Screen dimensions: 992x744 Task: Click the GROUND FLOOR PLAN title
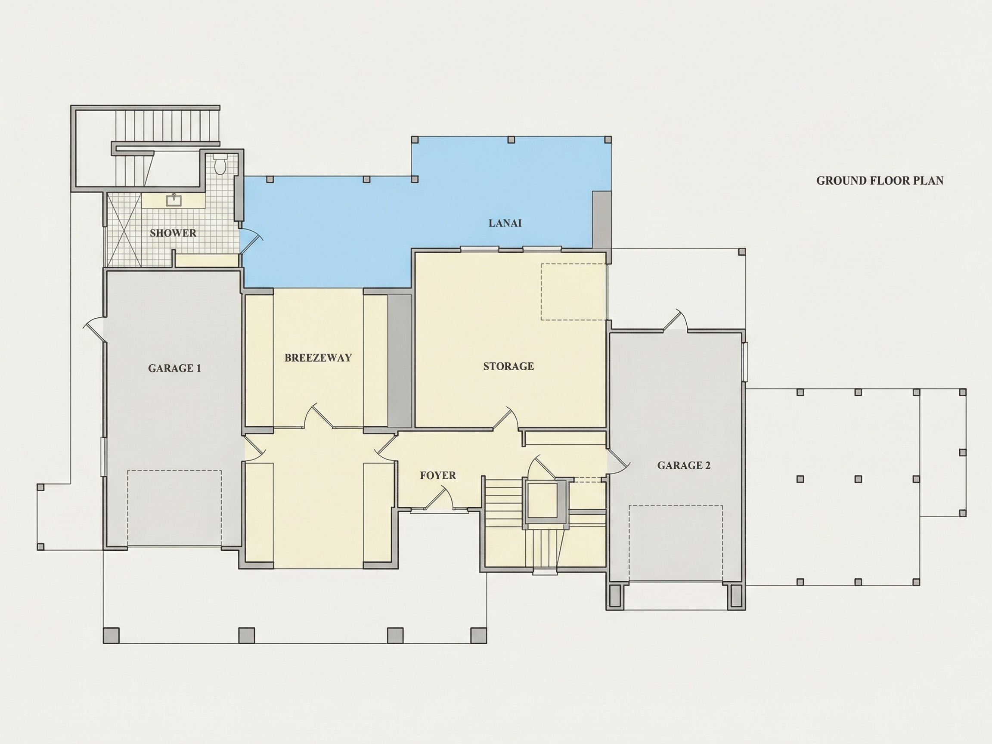pos(880,181)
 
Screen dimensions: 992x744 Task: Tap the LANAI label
pos(505,223)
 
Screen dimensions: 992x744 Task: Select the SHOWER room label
pos(173,233)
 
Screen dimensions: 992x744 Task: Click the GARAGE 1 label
pos(174,368)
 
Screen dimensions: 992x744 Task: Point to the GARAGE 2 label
pos(684,465)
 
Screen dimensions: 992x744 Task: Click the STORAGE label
pos(508,366)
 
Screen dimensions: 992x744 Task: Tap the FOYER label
pos(438,475)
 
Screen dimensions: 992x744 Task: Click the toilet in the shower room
pos(220,164)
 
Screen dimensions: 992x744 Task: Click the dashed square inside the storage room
pos(573,292)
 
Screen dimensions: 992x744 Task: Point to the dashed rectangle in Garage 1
pos(174,508)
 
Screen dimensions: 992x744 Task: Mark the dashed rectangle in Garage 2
pos(676,543)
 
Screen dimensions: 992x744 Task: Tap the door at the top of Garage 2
pos(676,320)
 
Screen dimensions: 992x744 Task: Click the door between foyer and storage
pos(506,419)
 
